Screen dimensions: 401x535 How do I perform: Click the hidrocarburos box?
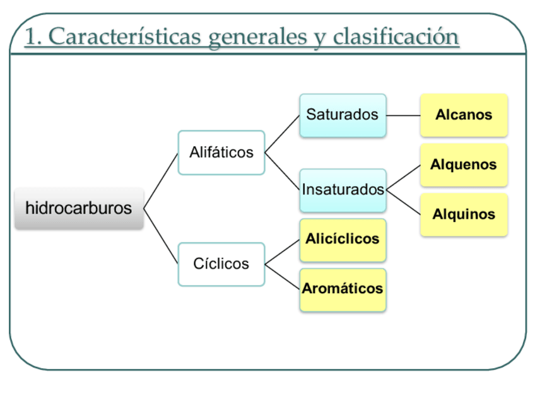click(79, 208)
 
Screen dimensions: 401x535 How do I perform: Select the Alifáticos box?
click(221, 153)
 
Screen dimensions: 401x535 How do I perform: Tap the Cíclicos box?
click(221, 264)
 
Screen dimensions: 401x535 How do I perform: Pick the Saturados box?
click(343, 115)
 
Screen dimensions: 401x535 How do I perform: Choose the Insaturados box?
click(343, 190)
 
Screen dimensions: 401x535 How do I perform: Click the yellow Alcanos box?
click(464, 115)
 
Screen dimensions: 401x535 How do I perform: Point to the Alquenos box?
click(464, 165)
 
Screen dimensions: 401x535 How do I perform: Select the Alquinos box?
click(464, 214)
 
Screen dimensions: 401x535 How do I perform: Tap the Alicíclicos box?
click(343, 240)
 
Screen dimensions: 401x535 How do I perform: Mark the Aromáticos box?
click(343, 289)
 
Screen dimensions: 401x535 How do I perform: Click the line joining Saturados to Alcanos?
click(403, 115)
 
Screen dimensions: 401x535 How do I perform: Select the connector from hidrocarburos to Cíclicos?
click(161, 236)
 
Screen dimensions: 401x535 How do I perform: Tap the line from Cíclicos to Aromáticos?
click(282, 277)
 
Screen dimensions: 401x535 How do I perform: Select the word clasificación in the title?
click(396, 37)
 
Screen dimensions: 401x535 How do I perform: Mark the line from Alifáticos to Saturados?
click(282, 134)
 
